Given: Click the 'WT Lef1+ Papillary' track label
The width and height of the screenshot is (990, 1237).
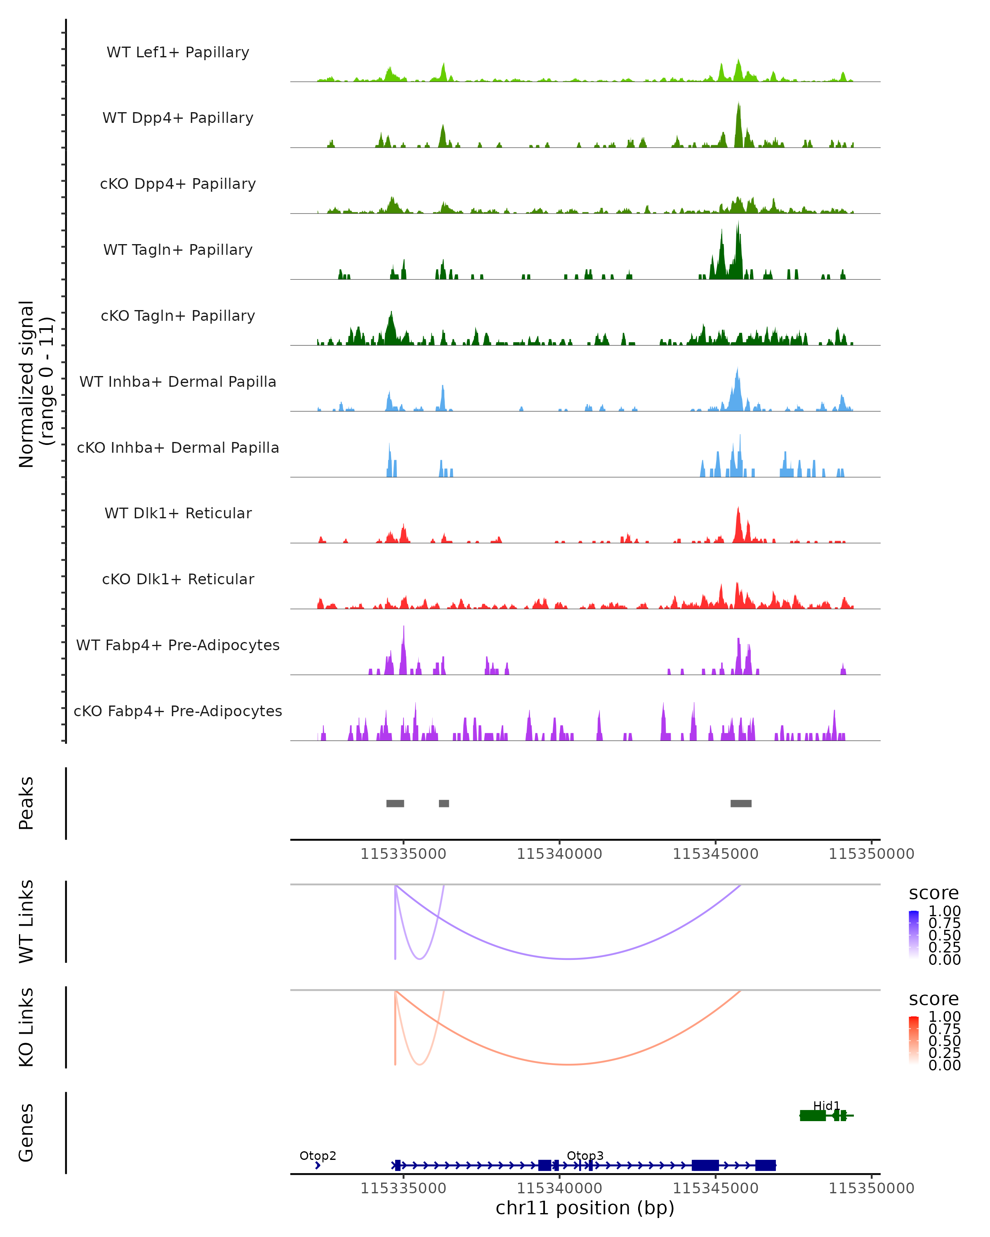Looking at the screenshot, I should pos(178,53).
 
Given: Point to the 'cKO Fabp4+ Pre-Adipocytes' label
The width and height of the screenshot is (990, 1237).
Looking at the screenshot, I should pos(178,711).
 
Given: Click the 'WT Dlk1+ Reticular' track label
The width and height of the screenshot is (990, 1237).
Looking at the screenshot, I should pos(178,513).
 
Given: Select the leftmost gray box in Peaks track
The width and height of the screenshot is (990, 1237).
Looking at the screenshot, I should pos(395,803).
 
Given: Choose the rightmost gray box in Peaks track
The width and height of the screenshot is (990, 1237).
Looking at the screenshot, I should pos(741,803).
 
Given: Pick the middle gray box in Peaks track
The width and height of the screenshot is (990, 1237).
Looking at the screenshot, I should pos(443,803).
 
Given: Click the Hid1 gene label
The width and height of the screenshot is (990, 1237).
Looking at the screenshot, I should pos(826,1105).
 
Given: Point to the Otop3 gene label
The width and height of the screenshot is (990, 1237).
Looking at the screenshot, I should pos(585,1155).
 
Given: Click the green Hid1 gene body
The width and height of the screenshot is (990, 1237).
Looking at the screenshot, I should pos(813,1115).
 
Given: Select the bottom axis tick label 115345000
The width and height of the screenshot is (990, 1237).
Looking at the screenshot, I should pos(715,1188).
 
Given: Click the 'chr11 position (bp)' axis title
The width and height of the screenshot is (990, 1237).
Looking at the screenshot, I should pos(585,1208).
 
